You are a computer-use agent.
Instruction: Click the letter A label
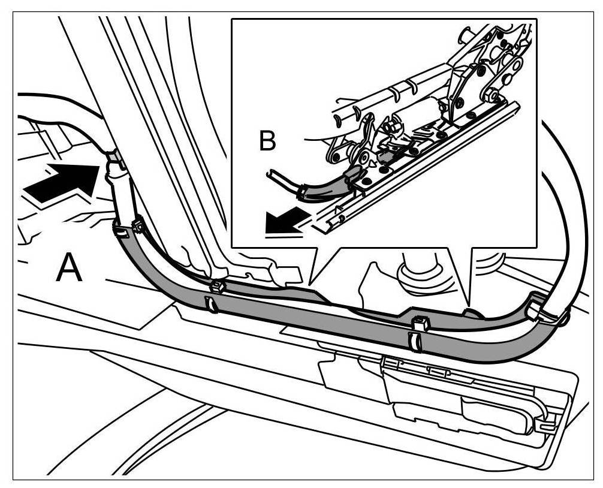(69, 268)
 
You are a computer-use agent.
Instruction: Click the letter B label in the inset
(267, 142)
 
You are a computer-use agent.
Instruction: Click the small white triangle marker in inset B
(375, 161)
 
